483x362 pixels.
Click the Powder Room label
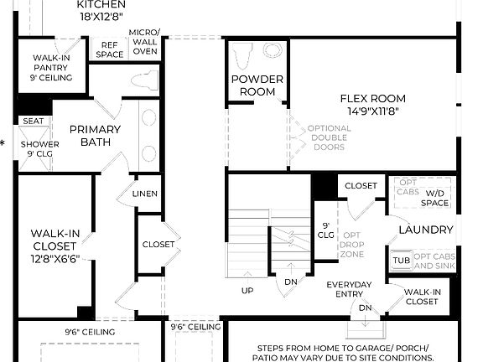point(257,85)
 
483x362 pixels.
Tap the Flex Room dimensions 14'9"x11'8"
point(373,110)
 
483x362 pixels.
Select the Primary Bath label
point(95,136)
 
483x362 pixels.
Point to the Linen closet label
point(144,194)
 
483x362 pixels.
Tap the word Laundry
point(426,230)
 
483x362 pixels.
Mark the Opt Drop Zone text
point(352,243)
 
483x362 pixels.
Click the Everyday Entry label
point(349,290)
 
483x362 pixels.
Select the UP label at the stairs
point(247,291)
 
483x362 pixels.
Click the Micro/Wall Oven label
point(144,42)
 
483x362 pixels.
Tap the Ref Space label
point(111,49)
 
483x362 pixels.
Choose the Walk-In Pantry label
point(52,67)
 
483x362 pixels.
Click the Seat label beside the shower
point(33,121)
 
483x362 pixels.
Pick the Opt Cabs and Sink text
point(435,261)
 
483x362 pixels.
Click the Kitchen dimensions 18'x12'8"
point(101,16)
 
